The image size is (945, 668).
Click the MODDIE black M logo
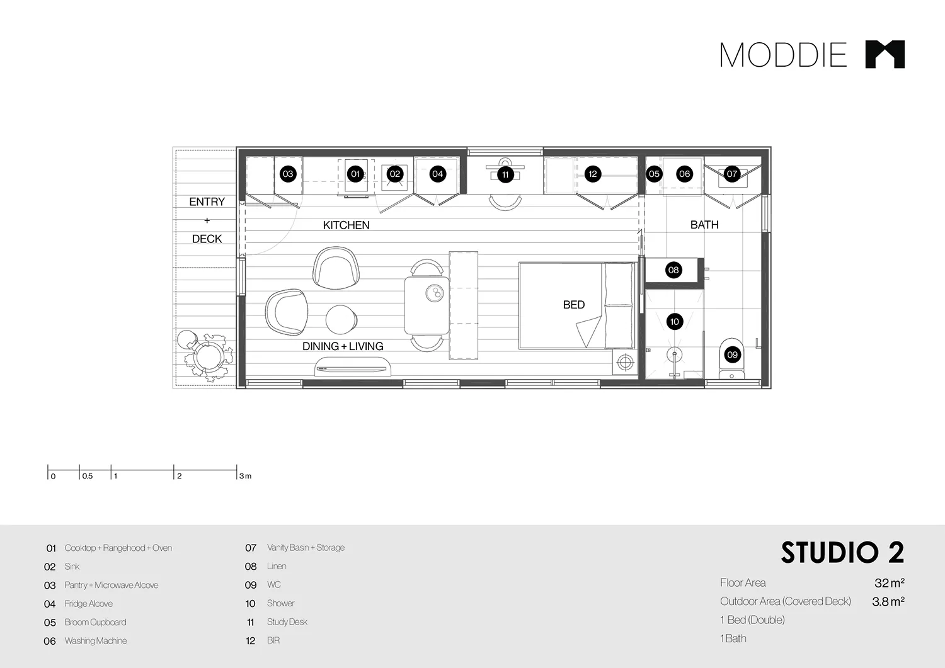pos(885,54)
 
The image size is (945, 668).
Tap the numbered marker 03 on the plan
pos(288,174)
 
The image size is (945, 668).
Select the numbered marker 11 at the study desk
pos(505,174)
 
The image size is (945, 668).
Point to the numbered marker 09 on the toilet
pos(732,354)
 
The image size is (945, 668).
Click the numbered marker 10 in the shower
pos(675,322)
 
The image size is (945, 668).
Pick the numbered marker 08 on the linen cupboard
pos(673,270)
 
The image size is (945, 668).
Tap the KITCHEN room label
pos(346,225)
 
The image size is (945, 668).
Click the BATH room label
pos(704,224)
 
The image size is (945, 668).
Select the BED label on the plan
pos(573,305)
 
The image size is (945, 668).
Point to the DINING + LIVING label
pos(343,346)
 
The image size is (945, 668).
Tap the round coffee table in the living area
pos(341,319)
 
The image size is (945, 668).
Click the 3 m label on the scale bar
pos(245,476)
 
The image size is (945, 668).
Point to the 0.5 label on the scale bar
pos(88,476)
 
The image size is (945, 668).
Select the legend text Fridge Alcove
pos(88,604)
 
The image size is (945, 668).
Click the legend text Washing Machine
pos(96,641)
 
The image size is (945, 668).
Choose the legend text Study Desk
pos(287,622)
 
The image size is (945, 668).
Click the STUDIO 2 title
pos(842,553)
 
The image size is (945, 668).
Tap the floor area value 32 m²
pos(889,583)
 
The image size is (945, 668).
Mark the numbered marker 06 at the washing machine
pos(684,174)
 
